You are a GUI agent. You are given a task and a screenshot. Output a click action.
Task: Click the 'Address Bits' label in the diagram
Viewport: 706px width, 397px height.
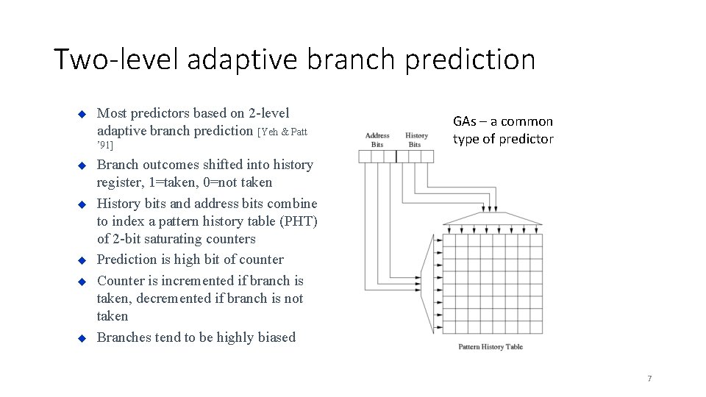click(377, 140)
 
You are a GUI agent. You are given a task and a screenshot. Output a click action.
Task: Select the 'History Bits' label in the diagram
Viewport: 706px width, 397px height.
click(416, 140)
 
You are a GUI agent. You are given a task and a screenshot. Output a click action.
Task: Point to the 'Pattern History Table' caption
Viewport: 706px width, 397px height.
click(491, 346)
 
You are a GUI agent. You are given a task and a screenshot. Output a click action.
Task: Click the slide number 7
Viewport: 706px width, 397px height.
click(649, 379)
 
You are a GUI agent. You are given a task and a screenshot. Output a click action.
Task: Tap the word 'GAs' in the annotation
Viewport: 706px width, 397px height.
click(465, 121)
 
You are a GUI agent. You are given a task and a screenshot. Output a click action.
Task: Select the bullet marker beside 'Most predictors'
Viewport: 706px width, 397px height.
click(82, 114)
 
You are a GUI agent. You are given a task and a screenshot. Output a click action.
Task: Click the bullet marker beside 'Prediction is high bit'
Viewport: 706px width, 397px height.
click(82, 260)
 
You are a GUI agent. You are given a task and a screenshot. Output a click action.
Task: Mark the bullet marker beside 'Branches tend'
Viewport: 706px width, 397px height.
click(82, 338)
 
